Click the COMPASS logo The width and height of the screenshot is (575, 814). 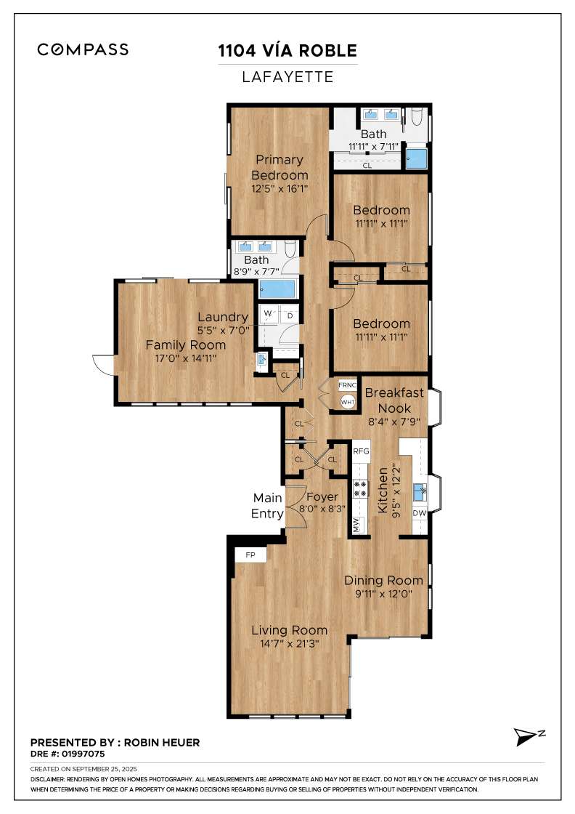coord(83,50)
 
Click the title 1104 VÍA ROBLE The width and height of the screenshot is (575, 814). coord(287,50)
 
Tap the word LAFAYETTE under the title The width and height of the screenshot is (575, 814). coord(287,77)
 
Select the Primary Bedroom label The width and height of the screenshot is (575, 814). coord(280,167)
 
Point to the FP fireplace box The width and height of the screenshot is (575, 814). coord(250,555)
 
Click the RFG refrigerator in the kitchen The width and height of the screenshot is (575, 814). coord(362,451)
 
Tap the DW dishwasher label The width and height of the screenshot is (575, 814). coord(420,513)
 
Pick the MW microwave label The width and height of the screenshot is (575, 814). coord(356,524)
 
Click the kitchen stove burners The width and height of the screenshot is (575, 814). coord(361,488)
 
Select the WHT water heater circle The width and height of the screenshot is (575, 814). coord(348,402)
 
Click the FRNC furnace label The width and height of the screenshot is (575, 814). coord(348,385)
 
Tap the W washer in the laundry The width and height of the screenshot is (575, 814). coord(268,313)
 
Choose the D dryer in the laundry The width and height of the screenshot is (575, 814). coord(290,315)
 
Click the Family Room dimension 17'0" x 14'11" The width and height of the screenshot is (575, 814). coord(186,358)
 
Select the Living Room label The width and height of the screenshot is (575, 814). coord(289,630)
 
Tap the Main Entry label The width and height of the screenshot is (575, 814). coord(268,506)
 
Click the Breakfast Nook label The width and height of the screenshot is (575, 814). coord(394,400)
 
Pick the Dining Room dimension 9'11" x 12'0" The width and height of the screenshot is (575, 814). coord(383,593)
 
